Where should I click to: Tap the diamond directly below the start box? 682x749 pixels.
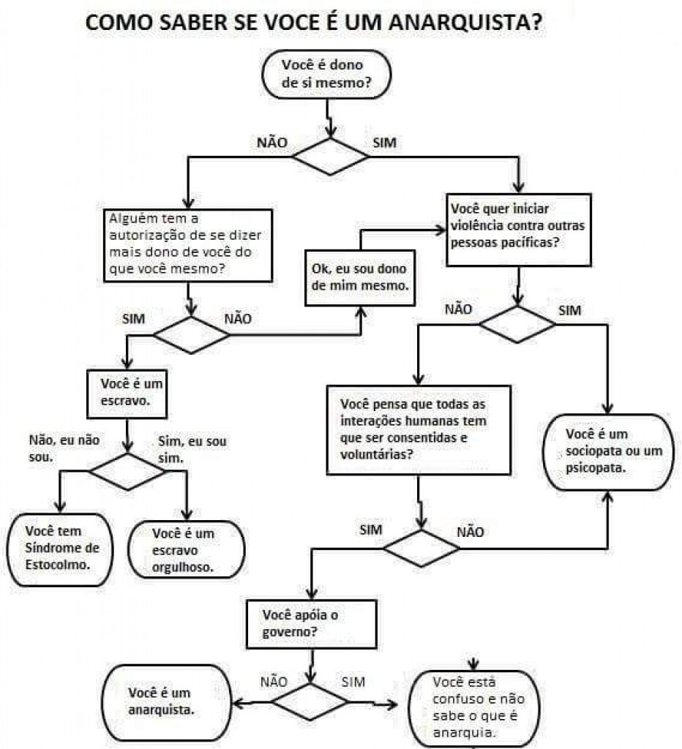[x=330, y=154]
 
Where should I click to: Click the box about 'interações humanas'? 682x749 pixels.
[x=418, y=429]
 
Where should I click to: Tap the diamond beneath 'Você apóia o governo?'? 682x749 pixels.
[x=310, y=702]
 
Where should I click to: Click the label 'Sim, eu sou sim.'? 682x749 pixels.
[x=192, y=450]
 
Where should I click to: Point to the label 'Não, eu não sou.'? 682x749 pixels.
[x=64, y=448]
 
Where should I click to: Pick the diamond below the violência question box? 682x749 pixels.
[x=517, y=324]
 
